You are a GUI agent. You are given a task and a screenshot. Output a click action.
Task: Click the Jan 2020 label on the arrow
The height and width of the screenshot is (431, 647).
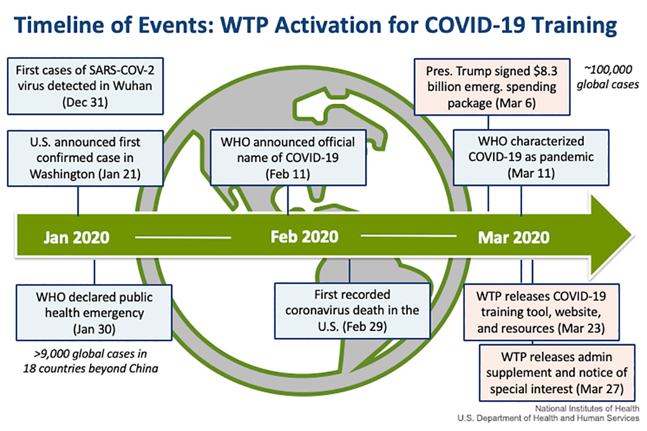click(76, 238)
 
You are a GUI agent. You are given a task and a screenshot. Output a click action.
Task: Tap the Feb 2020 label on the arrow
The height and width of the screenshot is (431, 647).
click(304, 237)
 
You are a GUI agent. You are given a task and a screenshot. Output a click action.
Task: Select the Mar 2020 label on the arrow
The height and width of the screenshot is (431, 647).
click(513, 238)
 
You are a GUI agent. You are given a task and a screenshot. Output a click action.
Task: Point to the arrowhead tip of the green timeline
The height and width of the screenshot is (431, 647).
click(633, 235)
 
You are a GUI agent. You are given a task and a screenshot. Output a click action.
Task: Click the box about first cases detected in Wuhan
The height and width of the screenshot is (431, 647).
click(85, 86)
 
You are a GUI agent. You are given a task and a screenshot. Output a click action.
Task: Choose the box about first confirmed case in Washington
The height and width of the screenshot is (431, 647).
click(85, 158)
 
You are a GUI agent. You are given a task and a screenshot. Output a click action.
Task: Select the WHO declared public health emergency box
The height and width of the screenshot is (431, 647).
click(94, 313)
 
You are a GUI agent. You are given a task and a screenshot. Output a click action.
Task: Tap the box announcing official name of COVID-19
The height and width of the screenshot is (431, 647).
click(288, 158)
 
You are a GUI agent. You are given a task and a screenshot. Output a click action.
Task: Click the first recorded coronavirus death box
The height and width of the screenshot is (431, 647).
click(352, 311)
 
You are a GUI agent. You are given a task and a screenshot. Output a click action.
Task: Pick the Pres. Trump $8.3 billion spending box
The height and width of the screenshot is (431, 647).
click(492, 87)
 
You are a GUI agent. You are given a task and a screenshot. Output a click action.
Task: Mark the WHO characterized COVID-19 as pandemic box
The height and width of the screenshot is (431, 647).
click(531, 157)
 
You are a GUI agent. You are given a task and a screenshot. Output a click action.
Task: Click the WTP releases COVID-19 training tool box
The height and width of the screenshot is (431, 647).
click(541, 312)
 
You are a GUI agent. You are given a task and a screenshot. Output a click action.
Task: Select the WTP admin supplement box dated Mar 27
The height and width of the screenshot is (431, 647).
click(557, 373)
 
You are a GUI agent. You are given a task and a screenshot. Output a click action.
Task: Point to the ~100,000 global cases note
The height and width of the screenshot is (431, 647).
click(608, 77)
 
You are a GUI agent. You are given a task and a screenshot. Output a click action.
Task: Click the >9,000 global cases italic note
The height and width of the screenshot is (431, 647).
click(90, 361)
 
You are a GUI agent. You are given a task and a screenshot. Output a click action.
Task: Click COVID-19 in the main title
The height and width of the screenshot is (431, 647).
click(475, 25)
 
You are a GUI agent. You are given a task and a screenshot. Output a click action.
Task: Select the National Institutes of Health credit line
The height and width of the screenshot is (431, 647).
click(587, 408)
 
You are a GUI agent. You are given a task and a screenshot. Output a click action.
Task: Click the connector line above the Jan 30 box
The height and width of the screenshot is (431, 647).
click(94, 272)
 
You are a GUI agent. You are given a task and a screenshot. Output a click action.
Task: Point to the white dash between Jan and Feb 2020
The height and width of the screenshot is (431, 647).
click(183, 238)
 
